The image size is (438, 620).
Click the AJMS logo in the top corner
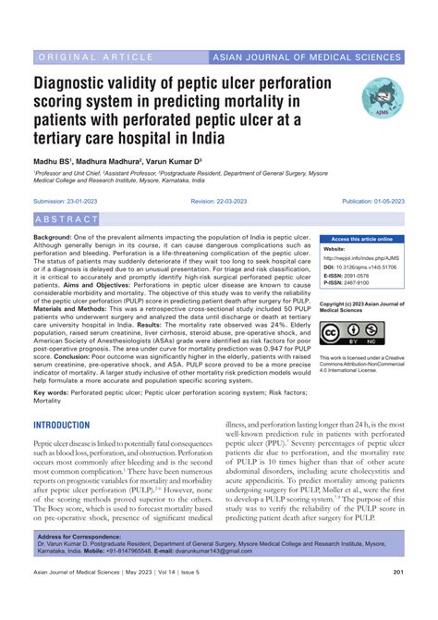click(x=379, y=94)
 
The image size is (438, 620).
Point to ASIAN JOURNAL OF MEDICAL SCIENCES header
click(x=308, y=56)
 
